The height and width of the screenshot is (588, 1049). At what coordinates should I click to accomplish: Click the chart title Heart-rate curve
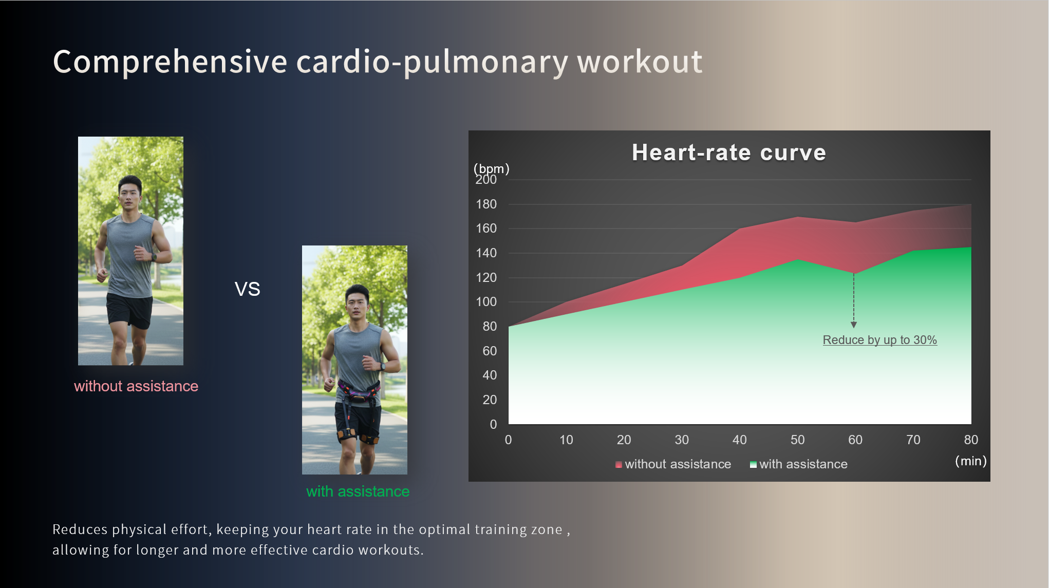click(x=728, y=153)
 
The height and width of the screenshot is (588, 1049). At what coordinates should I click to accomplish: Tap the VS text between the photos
click(x=247, y=289)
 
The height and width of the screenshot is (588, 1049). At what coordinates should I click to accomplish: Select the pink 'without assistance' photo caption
click(x=136, y=386)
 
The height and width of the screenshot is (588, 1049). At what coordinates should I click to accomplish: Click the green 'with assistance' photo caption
click(x=358, y=491)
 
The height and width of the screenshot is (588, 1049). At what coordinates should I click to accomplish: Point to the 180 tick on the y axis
click(x=486, y=204)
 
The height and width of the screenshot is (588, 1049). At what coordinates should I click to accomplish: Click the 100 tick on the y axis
click(x=486, y=302)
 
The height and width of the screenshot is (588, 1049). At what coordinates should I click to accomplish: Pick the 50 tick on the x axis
click(x=797, y=440)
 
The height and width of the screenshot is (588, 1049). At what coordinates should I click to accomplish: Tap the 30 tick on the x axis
click(x=682, y=440)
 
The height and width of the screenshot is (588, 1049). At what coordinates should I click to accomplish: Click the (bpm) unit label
click(x=491, y=168)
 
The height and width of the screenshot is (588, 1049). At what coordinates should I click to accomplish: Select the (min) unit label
click(x=970, y=461)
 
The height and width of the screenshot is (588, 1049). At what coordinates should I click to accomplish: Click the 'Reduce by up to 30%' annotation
click(x=879, y=340)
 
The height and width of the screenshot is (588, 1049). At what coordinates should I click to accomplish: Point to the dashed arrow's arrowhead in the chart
click(x=854, y=325)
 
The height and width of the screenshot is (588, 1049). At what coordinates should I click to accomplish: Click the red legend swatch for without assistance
click(x=619, y=465)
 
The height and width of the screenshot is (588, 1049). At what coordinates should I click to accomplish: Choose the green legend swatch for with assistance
click(x=753, y=465)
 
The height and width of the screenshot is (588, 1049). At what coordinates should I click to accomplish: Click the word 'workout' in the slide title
click(x=640, y=62)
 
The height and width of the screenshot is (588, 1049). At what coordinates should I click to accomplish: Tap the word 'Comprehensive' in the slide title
click(x=170, y=62)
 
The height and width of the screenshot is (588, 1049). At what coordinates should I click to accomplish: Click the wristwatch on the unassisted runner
click(x=154, y=257)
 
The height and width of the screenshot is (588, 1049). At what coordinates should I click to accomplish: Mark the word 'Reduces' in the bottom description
click(x=80, y=529)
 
